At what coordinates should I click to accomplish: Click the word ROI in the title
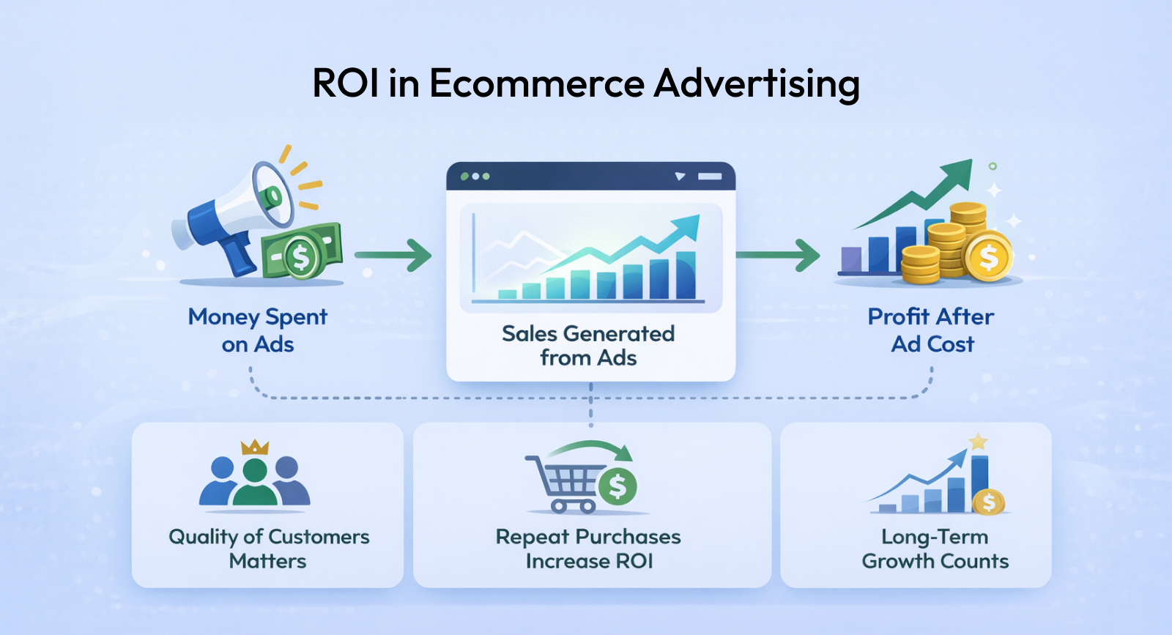pos(345,83)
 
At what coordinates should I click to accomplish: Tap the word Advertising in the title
pos(757,83)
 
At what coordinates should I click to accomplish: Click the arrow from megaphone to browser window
pos(393,256)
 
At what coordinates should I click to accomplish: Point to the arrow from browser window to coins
pos(778,256)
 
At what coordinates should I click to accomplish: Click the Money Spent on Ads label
pos(257,330)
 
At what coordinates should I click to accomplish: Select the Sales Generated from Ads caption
pos(588,346)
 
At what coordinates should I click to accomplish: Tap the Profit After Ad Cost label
pos(931,330)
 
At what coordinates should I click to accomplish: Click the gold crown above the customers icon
pos(255,448)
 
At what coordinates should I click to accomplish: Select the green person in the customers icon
pos(255,481)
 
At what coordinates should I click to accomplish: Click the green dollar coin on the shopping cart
pos(617,486)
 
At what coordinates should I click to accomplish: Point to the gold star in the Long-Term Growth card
pos(978,442)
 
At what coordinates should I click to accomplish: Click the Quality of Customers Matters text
pos(268,549)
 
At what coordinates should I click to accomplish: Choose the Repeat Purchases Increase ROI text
pos(589,549)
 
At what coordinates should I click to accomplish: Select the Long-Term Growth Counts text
pos(935,549)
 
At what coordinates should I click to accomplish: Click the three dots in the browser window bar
pos(475,177)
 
